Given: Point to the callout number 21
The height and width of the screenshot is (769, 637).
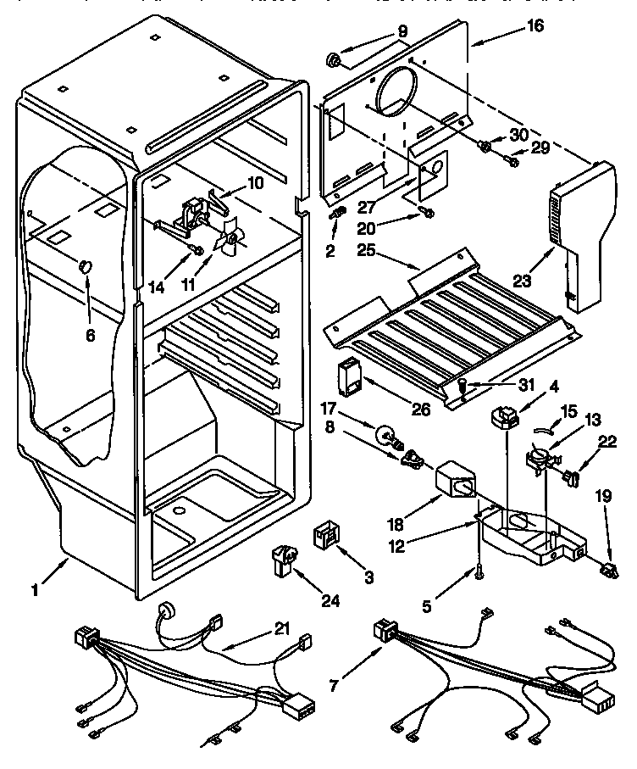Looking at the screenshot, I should pos(282,629).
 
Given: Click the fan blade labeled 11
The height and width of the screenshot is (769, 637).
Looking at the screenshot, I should pos(230,244).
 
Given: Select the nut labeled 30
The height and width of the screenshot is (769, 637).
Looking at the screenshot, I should pos(486,147).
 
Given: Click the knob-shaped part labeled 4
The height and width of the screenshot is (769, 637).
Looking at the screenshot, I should pos(507,416).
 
